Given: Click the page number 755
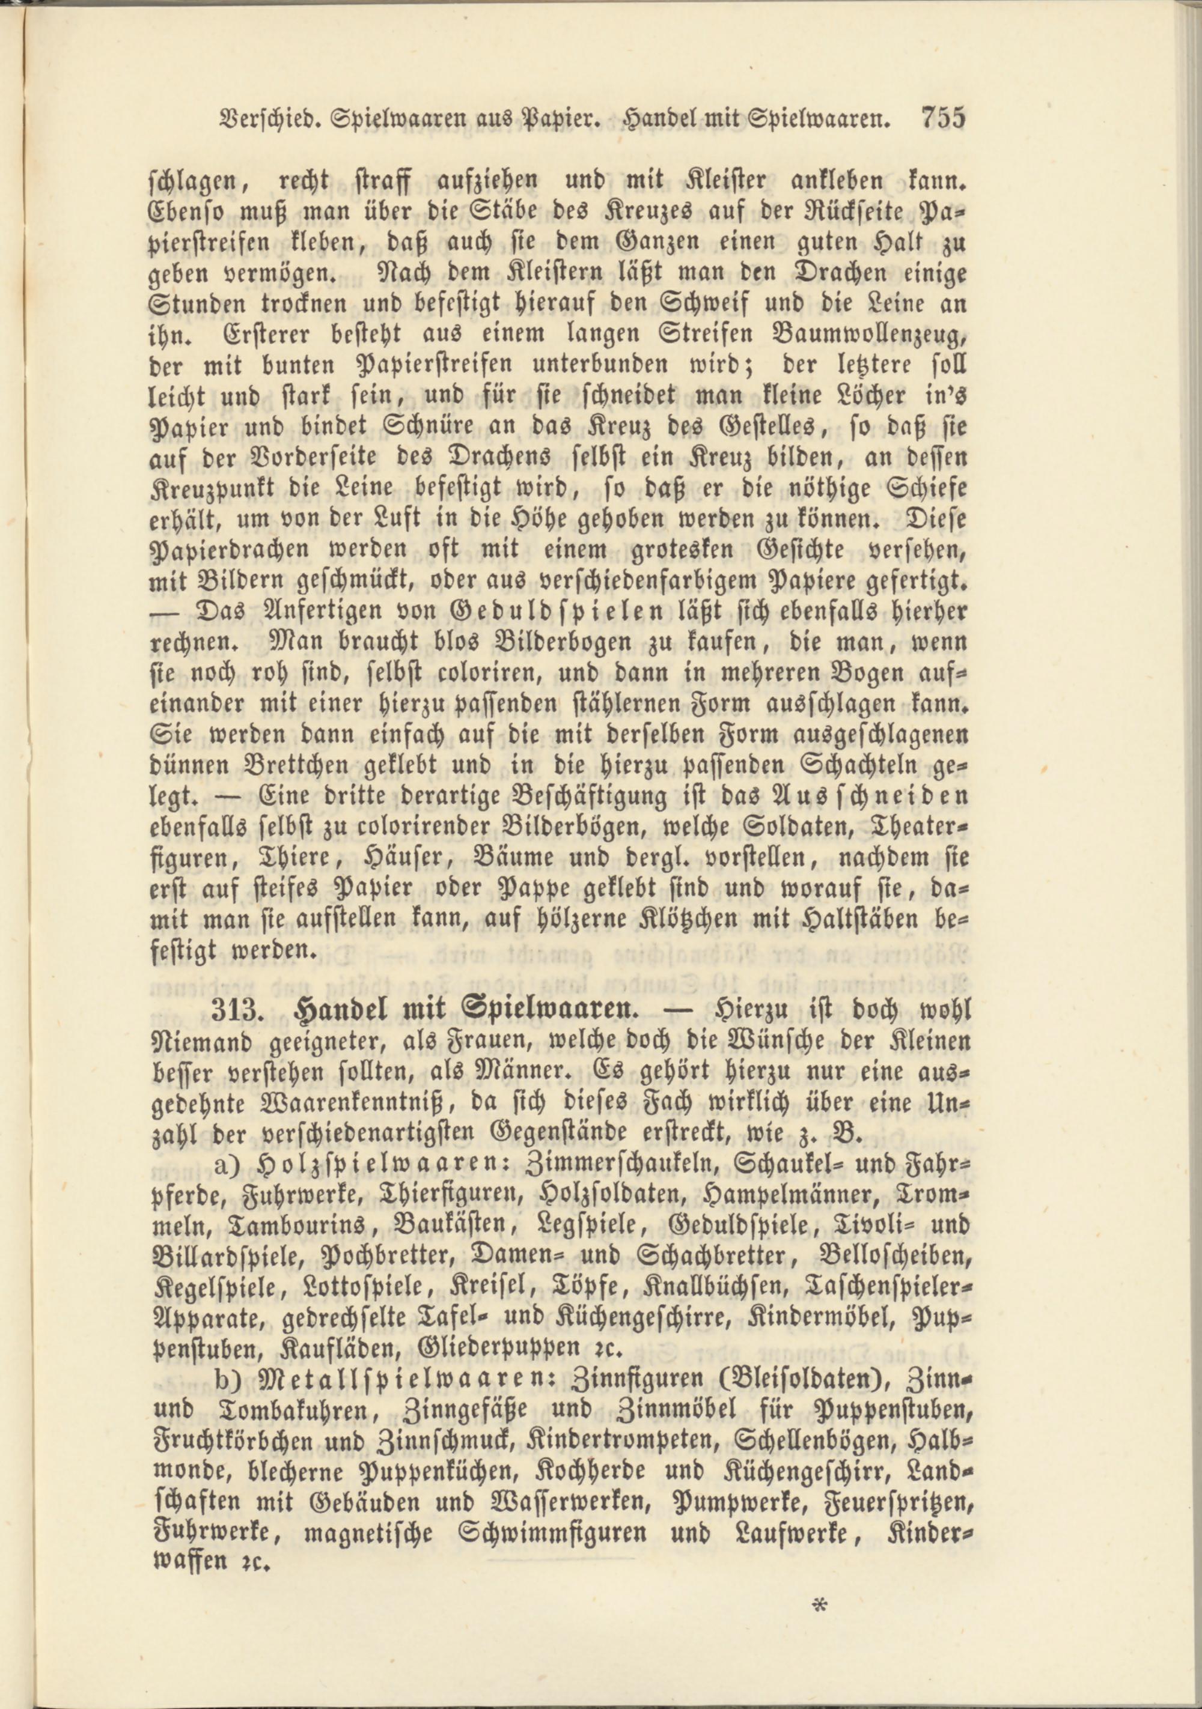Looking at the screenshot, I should (943, 118).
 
